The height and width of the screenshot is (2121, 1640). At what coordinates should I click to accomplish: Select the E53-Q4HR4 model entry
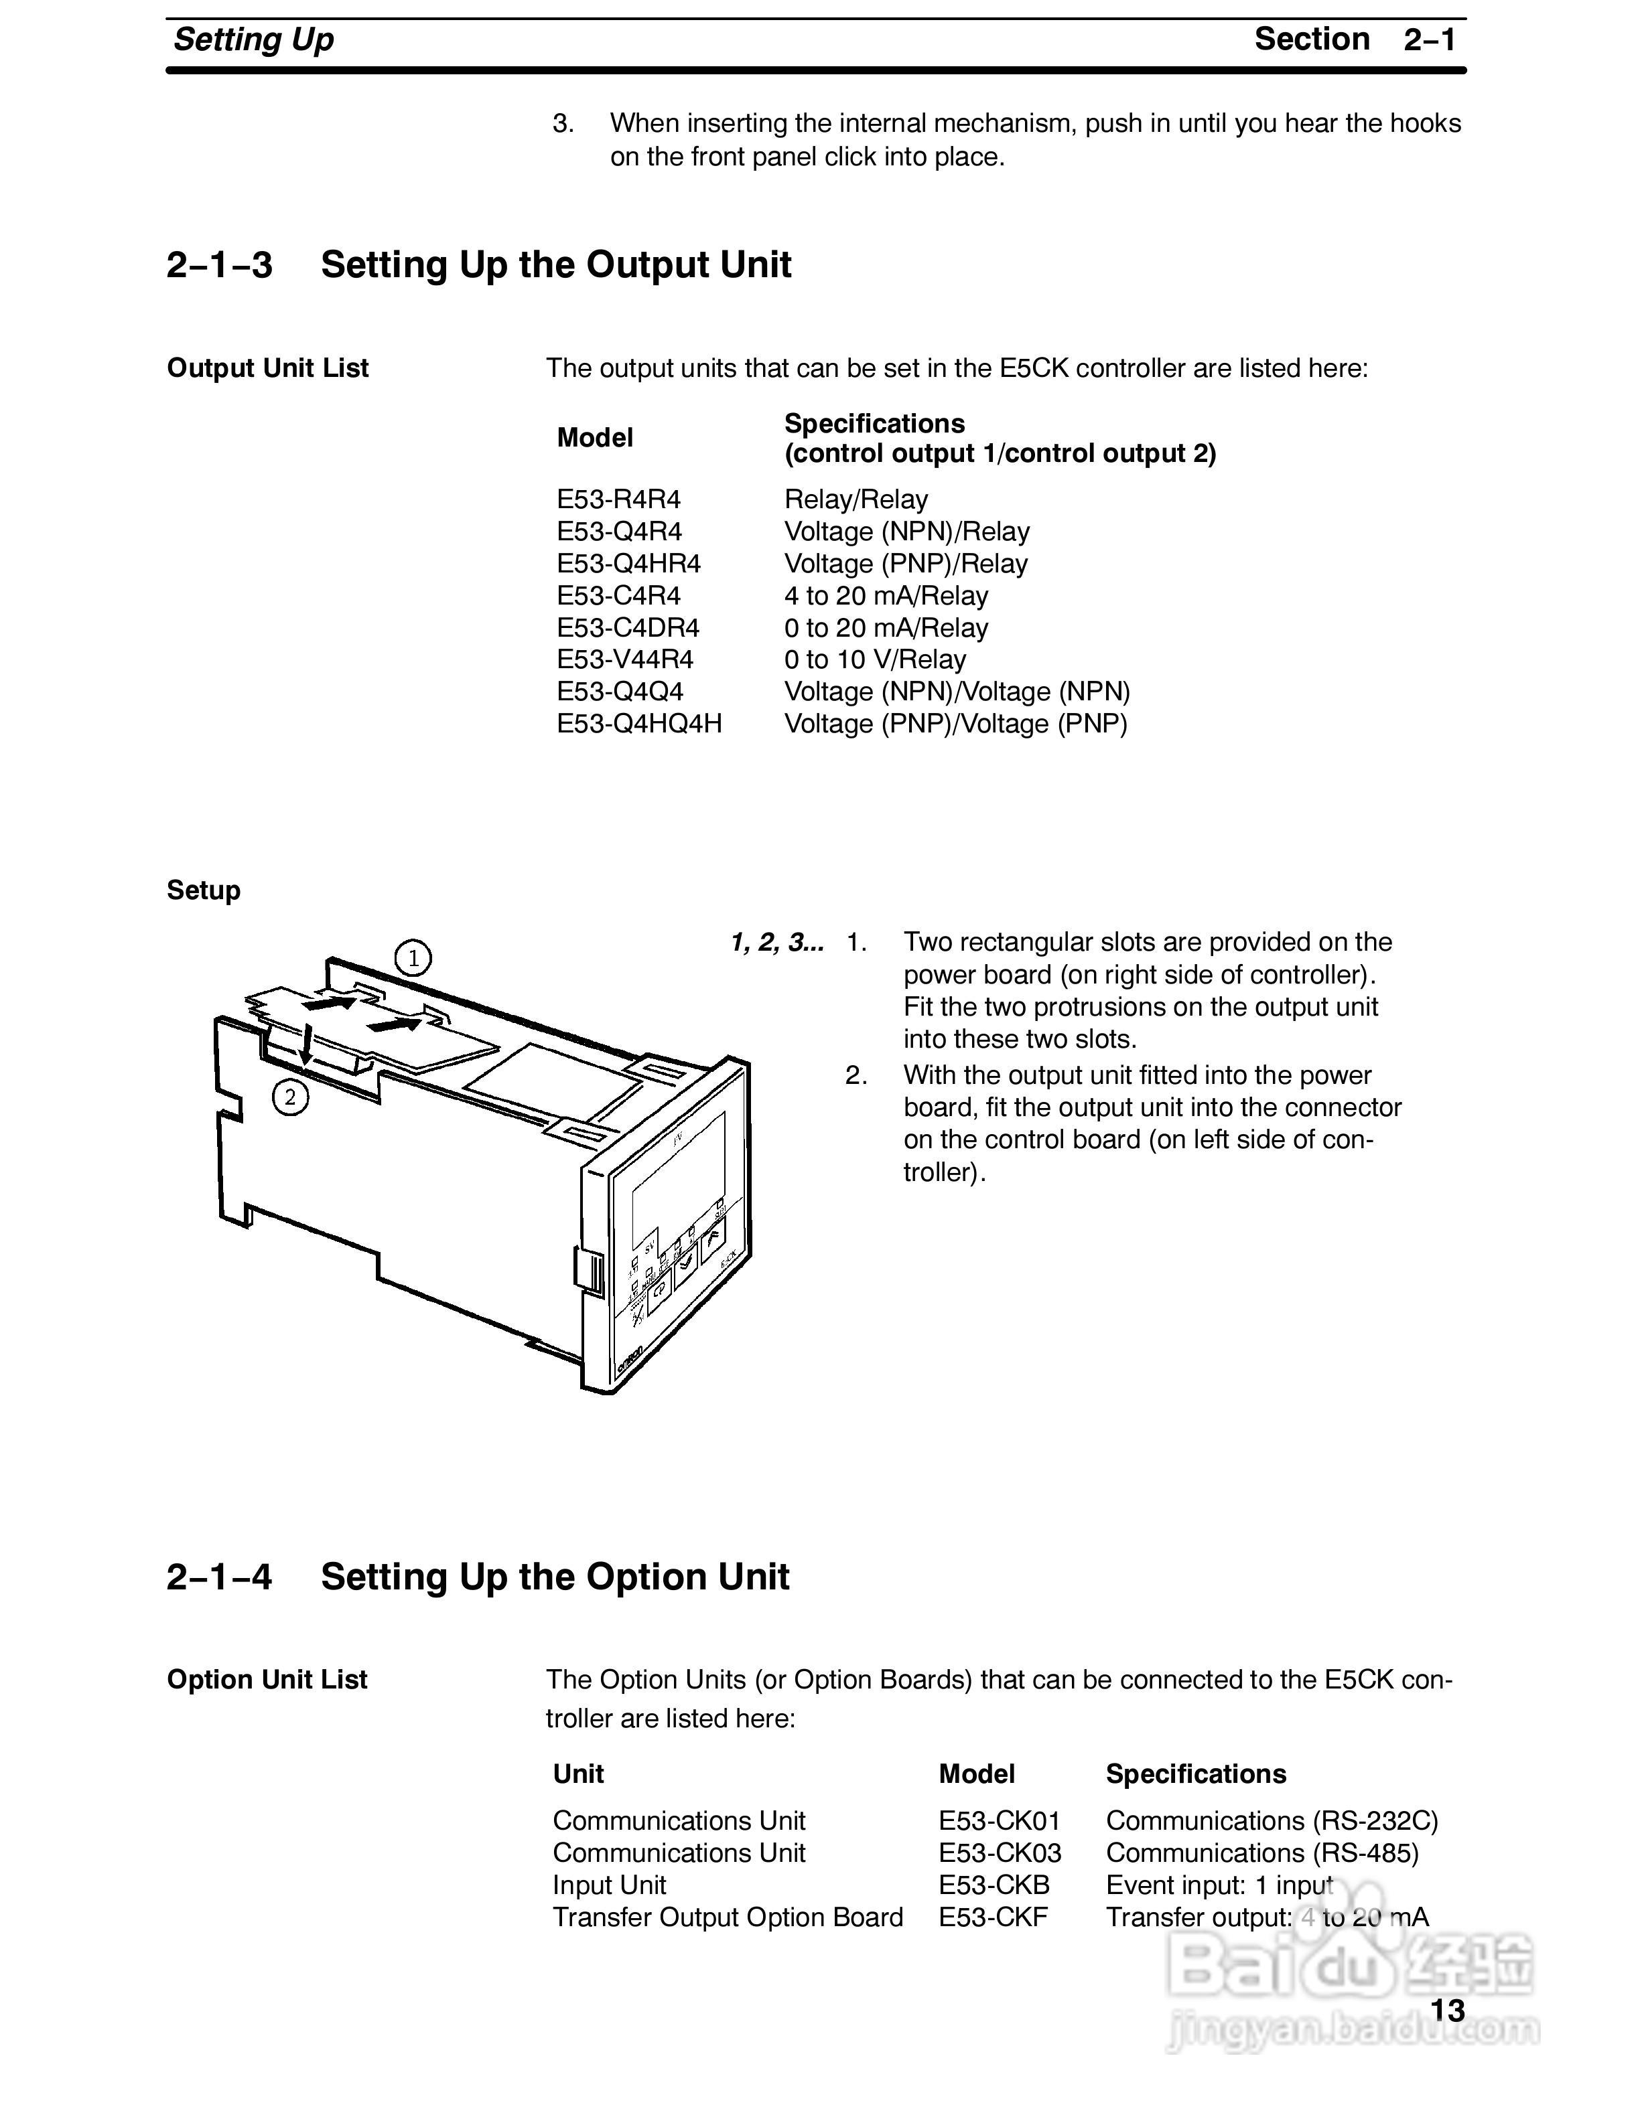coord(628,563)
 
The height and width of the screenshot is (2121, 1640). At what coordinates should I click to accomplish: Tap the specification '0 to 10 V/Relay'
coord(874,659)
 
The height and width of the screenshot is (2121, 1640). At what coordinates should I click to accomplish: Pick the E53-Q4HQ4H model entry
coord(638,724)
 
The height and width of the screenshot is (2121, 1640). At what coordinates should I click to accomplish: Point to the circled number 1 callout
coord(413,959)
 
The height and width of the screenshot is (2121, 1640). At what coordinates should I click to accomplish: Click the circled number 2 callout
coord(289,1097)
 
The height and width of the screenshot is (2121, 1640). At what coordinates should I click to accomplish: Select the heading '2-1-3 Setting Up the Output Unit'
coord(478,264)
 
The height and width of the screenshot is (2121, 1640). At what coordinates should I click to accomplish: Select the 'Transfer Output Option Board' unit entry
coord(727,1917)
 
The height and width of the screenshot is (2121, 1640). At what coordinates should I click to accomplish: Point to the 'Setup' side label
coord(203,890)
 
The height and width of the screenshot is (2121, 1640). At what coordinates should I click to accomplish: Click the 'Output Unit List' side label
coord(267,368)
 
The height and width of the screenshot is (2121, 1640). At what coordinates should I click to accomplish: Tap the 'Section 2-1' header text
coord(1355,39)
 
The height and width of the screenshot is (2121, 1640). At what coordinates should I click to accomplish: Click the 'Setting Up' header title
coord(254,40)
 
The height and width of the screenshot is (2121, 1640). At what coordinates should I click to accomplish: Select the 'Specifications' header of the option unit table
coord(1195,1774)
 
